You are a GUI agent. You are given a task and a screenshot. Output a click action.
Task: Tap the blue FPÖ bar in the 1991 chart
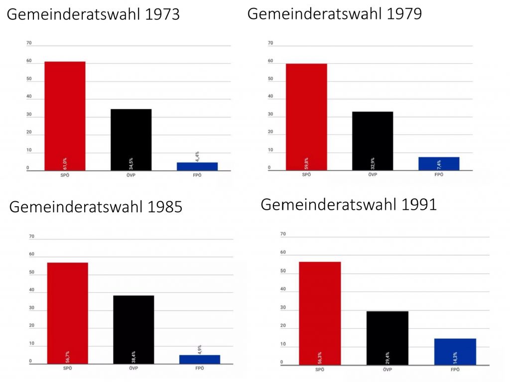click(x=455, y=352)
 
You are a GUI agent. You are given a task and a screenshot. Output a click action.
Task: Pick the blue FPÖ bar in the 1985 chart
click(x=199, y=359)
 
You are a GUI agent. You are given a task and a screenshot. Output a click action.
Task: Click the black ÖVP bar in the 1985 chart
click(x=133, y=329)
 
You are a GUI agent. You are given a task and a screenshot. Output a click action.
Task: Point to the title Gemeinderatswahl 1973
click(x=93, y=14)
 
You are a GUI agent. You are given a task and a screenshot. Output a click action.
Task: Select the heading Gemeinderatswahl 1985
click(x=96, y=207)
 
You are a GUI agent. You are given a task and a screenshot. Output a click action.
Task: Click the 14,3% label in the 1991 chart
click(x=455, y=358)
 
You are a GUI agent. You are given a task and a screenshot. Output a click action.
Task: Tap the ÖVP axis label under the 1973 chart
click(x=131, y=175)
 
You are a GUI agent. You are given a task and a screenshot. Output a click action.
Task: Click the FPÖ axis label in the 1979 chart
click(x=439, y=175)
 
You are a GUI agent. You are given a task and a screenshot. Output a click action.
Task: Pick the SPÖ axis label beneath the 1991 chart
click(x=320, y=369)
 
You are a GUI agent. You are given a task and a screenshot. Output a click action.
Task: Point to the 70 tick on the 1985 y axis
click(x=32, y=237)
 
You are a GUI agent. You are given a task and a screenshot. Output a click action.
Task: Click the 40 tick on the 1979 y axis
click(x=270, y=97)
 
